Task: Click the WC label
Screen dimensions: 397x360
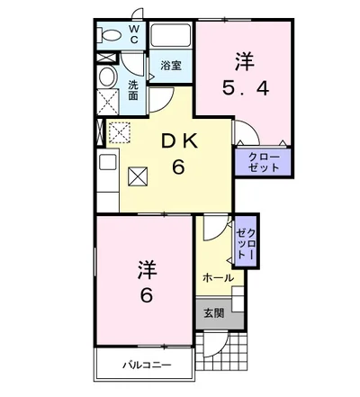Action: (x=133, y=35)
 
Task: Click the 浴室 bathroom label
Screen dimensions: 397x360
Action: (x=170, y=66)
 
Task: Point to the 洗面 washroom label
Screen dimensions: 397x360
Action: (x=132, y=89)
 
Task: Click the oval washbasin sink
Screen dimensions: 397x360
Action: (x=107, y=76)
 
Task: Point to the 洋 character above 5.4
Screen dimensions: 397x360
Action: (x=245, y=61)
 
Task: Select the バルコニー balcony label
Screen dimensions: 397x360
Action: (x=147, y=365)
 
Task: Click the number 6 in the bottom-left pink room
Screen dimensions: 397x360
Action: (x=145, y=296)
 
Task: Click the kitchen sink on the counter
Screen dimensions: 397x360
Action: (x=107, y=165)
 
